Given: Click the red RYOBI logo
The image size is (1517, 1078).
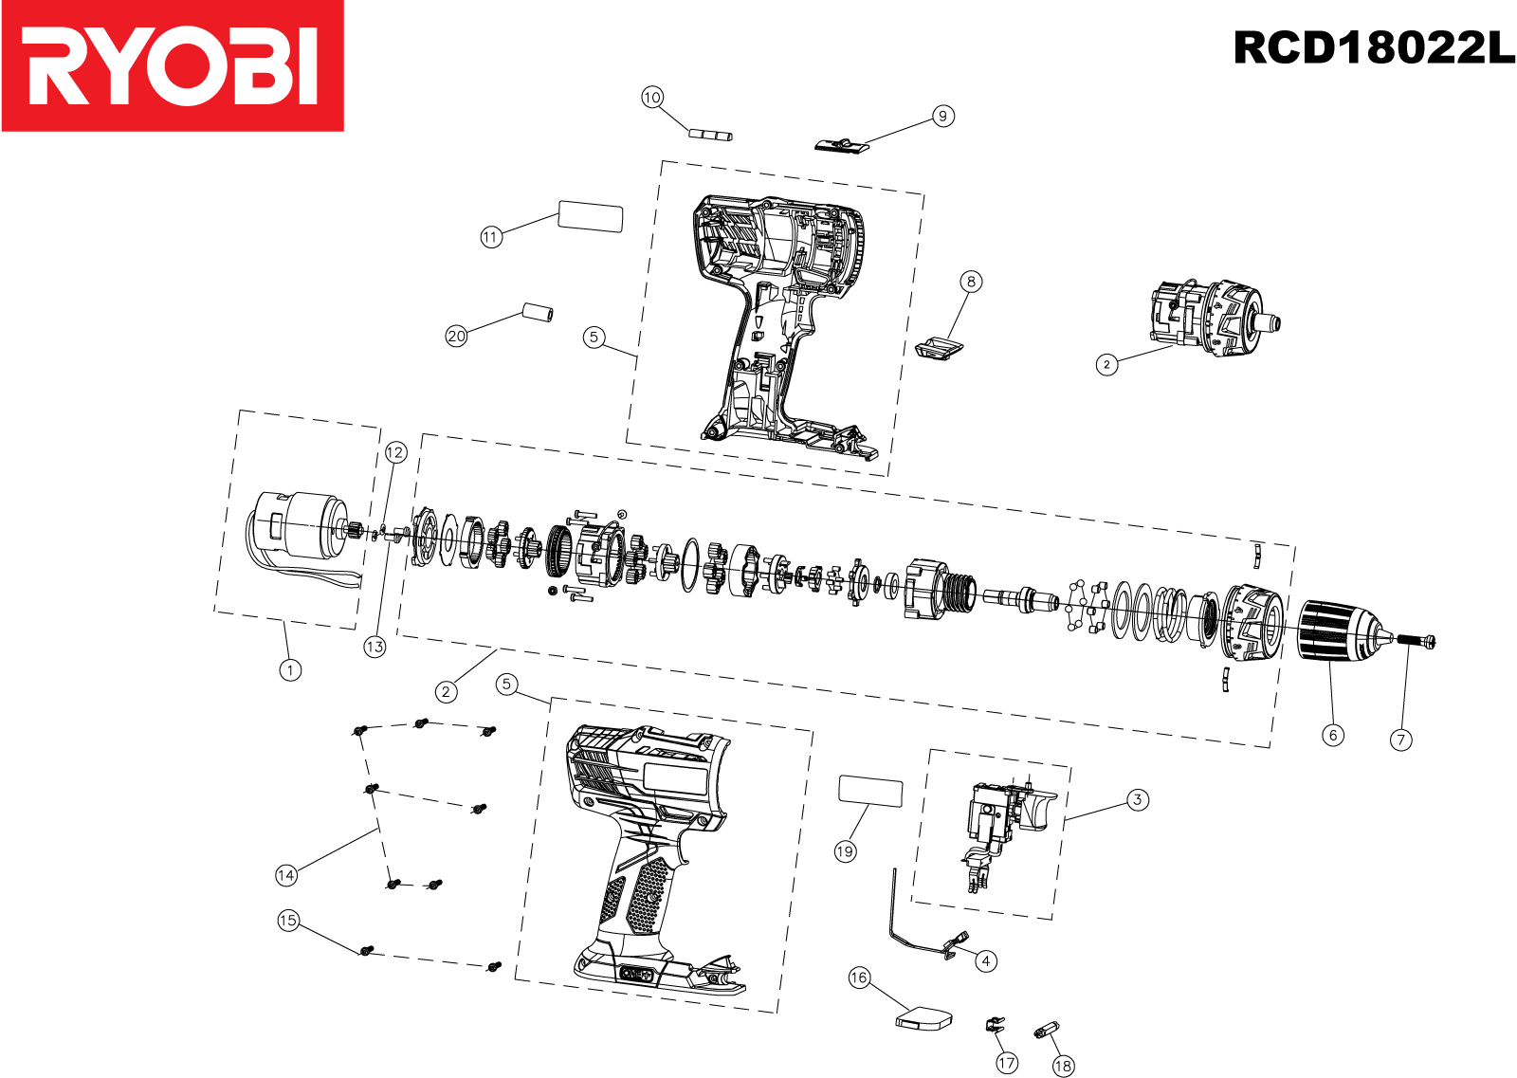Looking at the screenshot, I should point(173,65).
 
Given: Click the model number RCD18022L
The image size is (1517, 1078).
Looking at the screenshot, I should point(1373,47).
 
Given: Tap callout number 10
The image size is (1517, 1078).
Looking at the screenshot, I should point(652,98).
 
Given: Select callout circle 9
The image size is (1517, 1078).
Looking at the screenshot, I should point(942,116).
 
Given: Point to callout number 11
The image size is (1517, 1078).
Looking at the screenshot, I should point(490,237).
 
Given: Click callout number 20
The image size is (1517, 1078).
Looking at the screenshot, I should point(457,336).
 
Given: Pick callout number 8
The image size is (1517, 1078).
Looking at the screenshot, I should point(970,282).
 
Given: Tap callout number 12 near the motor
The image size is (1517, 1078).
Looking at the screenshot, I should point(395,453).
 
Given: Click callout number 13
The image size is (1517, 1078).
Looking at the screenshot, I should point(375,647).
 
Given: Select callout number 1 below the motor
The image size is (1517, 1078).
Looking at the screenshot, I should point(290,669).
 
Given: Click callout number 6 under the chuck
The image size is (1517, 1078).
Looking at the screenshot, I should point(1333,735).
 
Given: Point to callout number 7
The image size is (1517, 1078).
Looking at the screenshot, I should point(1401,740).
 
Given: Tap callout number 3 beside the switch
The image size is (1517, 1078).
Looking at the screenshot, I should point(1138,799).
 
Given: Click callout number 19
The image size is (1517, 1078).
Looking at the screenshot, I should point(845,851).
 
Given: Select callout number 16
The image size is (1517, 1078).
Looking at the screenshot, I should point(859,978).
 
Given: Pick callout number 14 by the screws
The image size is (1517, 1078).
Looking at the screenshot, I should point(286,875).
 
